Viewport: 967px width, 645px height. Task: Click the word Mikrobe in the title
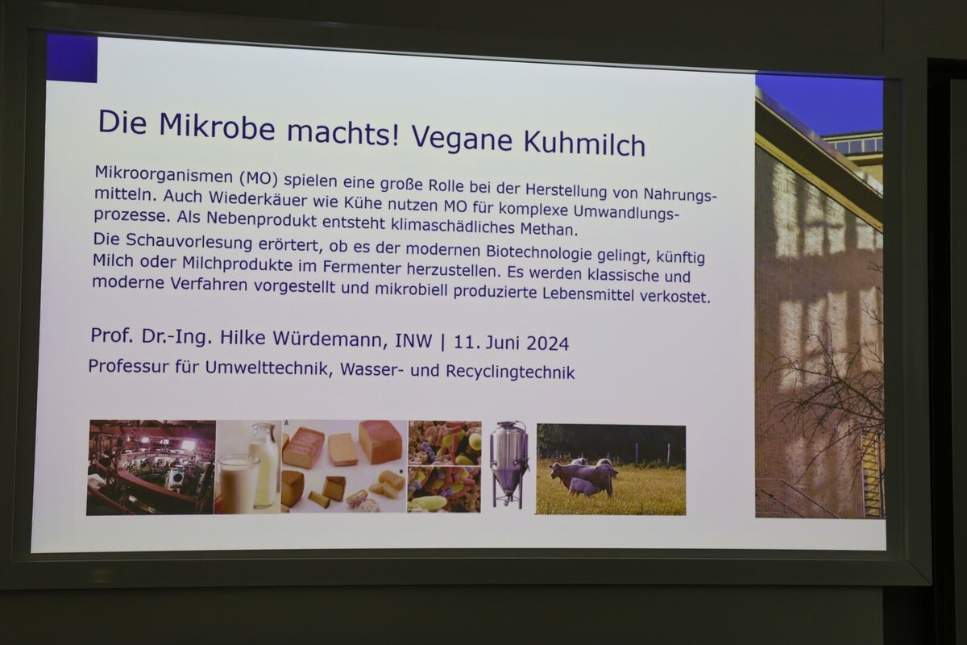(x=217, y=126)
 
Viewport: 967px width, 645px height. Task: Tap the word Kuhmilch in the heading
(x=584, y=142)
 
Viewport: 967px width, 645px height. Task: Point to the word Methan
(x=548, y=229)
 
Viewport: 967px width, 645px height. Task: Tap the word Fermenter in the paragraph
(x=362, y=268)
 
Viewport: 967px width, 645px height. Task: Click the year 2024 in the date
(x=548, y=343)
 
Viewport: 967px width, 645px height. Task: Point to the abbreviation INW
(x=413, y=341)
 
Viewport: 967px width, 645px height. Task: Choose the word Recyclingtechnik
(x=510, y=372)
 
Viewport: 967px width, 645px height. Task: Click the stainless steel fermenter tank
(x=509, y=465)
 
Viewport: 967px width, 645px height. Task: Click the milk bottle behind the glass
(x=264, y=464)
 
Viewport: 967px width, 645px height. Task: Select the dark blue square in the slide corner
(x=72, y=58)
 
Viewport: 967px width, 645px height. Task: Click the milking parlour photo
(x=151, y=467)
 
